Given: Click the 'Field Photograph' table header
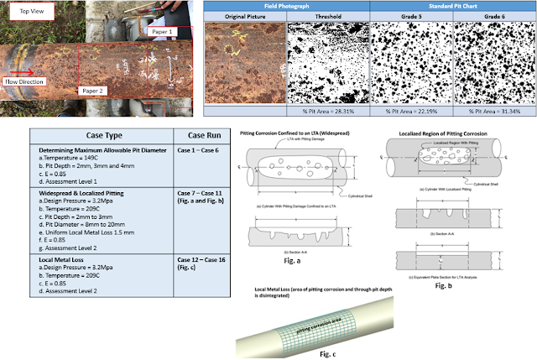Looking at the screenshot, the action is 288,6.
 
